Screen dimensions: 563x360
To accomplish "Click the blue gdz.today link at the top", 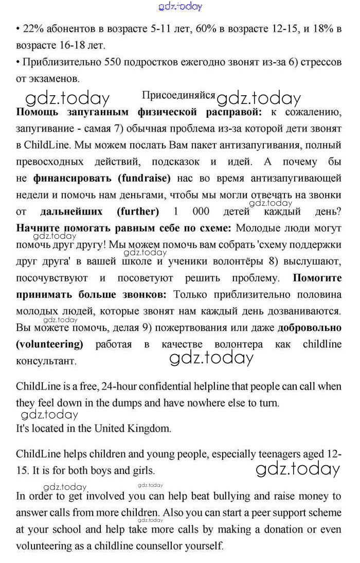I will coord(181,6).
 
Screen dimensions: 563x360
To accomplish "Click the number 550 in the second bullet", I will coord(114,62).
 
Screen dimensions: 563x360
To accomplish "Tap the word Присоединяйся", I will coord(178,96).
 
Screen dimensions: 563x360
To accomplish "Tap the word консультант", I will coord(46,361).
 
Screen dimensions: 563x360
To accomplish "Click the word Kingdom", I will coord(152,428).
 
